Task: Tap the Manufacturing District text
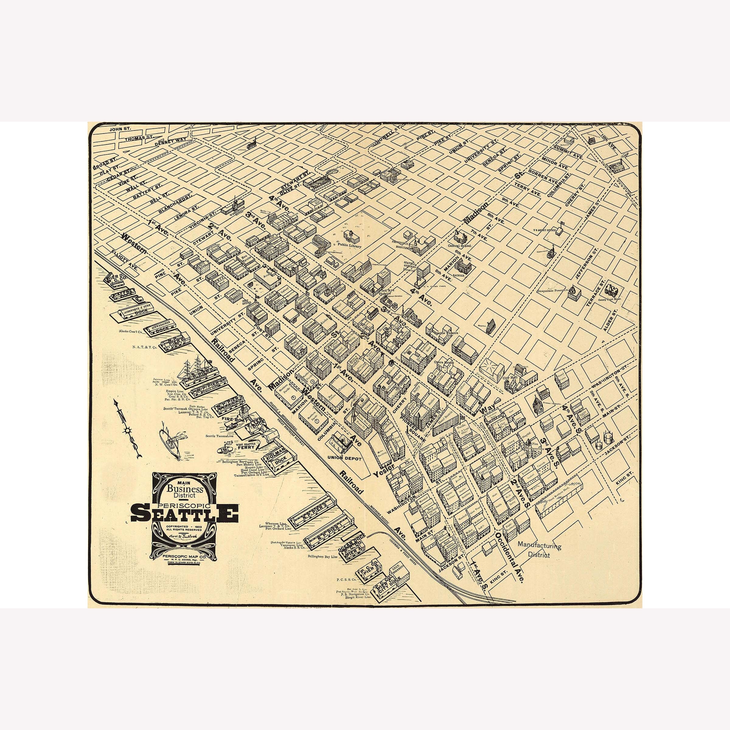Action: (539, 550)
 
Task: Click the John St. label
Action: (120, 129)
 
